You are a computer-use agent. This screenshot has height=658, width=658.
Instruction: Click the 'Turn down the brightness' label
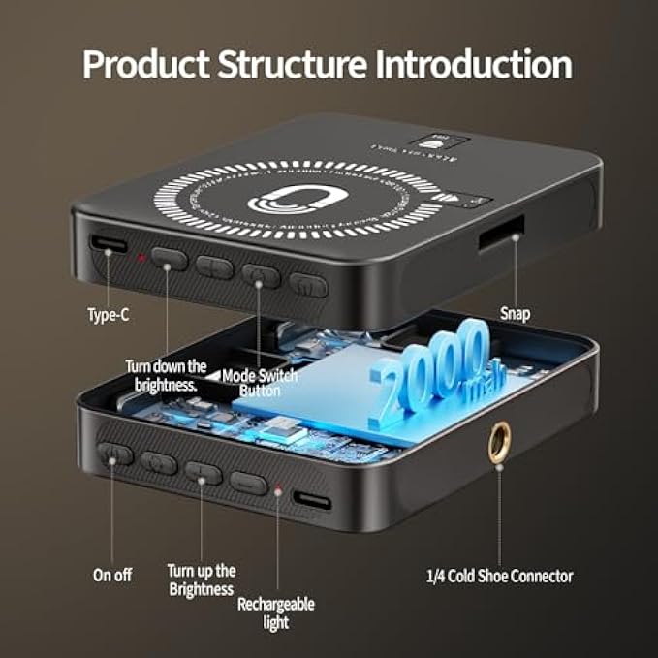click(166, 374)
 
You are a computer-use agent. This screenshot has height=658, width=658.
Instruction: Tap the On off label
click(112, 574)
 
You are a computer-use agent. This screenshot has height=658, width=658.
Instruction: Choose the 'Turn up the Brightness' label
click(201, 580)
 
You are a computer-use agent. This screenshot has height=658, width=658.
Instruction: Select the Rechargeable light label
click(276, 611)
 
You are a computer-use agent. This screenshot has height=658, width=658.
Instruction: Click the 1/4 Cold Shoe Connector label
click(499, 576)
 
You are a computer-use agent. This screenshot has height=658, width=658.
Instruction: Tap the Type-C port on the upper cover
click(109, 243)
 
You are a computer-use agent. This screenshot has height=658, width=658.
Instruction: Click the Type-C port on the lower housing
click(311, 500)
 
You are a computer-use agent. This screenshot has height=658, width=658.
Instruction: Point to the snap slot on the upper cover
click(500, 235)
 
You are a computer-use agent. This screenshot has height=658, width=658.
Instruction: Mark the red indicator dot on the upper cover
click(141, 258)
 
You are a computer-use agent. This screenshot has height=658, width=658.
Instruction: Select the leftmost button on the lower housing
click(114, 454)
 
